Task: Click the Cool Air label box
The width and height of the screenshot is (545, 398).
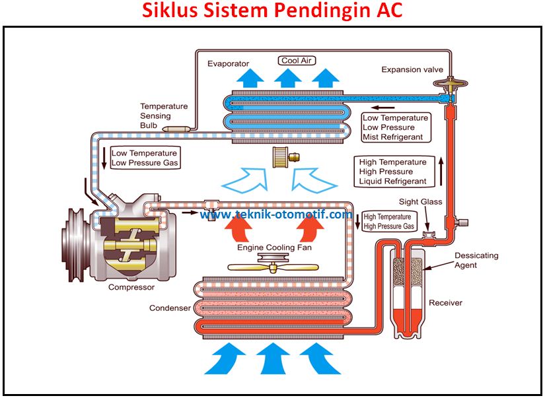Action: tap(297, 61)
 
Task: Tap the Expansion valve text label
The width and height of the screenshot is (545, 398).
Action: tap(412, 69)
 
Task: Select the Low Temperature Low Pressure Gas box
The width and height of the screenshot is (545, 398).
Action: tap(145, 158)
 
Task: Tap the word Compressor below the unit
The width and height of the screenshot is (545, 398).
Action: tap(131, 287)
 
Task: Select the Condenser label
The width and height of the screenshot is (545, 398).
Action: tap(170, 308)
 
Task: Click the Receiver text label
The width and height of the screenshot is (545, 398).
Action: tap(446, 303)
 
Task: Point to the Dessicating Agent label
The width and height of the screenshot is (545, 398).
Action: tap(476, 260)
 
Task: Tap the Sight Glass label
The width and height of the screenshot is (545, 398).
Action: tap(420, 201)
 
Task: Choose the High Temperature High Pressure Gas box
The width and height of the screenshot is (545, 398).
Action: tap(389, 221)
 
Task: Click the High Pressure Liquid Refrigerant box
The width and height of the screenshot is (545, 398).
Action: tap(393, 172)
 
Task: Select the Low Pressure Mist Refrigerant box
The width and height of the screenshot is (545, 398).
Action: tap(395, 127)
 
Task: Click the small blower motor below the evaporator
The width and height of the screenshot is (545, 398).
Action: tap(285, 157)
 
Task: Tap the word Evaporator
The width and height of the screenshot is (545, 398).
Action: tap(228, 64)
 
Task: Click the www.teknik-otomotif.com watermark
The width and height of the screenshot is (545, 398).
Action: tap(276, 215)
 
